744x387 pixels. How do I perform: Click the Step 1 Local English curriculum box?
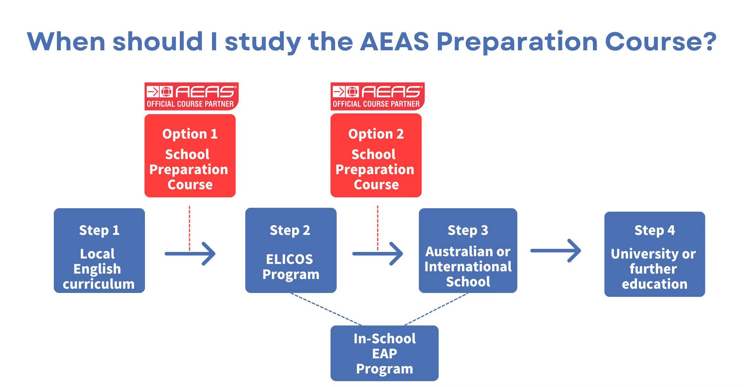tap(99, 250)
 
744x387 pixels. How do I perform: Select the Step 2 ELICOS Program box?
tap(291, 250)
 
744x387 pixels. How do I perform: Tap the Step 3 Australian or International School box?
tap(468, 250)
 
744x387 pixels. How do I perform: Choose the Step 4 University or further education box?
tap(654, 254)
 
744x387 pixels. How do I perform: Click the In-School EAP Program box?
tap(384, 353)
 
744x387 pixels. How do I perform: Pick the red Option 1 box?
tap(190, 156)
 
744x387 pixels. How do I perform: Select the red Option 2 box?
tap(376, 156)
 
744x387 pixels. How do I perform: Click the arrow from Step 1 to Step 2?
tap(190, 254)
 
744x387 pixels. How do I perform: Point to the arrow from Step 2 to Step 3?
tap(378, 254)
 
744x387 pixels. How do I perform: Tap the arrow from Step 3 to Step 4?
tap(556, 251)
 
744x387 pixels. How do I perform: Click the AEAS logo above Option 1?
tap(191, 96)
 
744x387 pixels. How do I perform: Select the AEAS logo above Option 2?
tap(377, 96)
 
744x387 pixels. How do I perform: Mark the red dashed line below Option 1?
tap(189, 228)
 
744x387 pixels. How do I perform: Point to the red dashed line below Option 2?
tap(378, 228)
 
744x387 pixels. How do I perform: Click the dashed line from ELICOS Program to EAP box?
tap(326, 309)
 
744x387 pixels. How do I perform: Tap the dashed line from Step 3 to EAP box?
tap(436, 309)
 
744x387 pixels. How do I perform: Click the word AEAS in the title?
tap(394, 41)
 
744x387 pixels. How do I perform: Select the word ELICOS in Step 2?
tap(289, 259)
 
